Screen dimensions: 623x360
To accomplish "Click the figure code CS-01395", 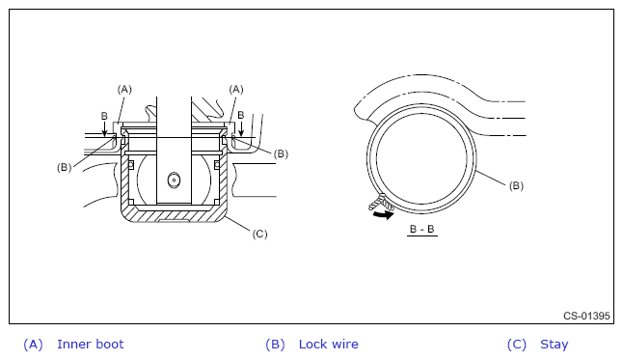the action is (586, 316).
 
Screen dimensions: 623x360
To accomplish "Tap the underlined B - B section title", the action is (422, 230).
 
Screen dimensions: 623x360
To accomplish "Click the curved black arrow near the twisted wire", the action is (384, 215).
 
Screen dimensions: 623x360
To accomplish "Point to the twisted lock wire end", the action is (380, 202).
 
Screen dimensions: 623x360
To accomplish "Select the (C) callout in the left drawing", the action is (259, 234).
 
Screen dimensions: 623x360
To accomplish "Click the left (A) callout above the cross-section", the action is (124, 90).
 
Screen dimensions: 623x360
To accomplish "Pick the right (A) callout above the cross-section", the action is (236, 90).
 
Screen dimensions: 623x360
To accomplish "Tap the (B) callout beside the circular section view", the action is (516, 185).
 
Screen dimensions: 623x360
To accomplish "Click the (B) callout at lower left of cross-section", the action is (64, 168).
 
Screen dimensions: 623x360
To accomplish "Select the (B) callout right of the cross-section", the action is (281, 154).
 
